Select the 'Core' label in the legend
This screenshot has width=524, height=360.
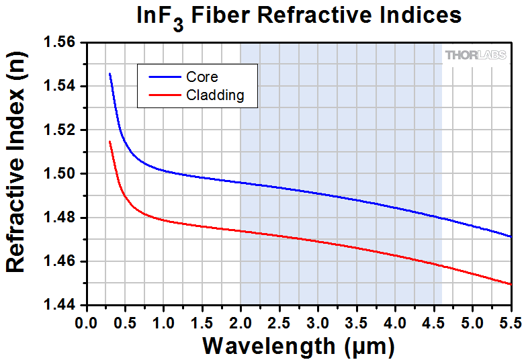click(202, 77)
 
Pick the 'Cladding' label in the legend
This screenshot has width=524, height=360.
click(215, 95)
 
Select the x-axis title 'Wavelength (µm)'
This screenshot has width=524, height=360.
click(298, 346)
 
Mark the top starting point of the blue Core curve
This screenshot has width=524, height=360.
click(110, 73)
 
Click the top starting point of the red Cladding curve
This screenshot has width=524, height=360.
click(110, 141)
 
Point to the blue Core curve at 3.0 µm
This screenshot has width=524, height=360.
click(318, 194)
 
